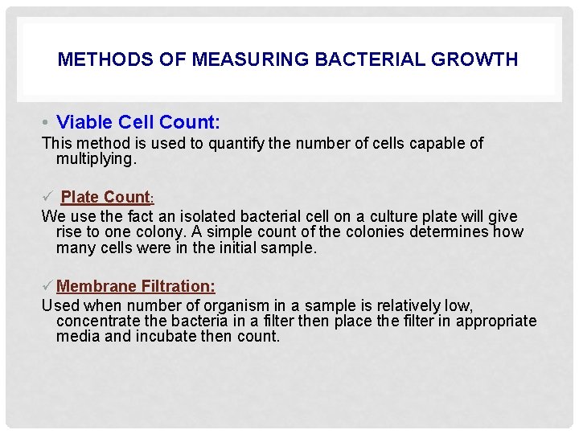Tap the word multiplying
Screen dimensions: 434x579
tap(96, 159)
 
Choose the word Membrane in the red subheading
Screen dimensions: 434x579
tap(96, 286)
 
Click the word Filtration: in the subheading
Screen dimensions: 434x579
tap(178, 286)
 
